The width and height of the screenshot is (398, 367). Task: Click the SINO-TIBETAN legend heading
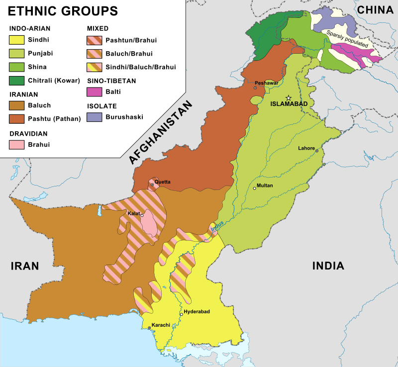pyautogui.click(x=111, y=81)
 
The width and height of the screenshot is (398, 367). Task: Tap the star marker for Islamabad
pyautogui.click(x=288, y=98)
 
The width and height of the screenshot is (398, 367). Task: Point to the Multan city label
pyautogui.click(x=264, y=186)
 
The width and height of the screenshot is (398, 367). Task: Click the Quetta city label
pyautogui.click(x=163, y=182)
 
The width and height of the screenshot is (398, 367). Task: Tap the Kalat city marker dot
pyautogui.click(x=142, y=216)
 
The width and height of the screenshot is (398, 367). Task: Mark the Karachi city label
pyautogui.click(x=161, y=325)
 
